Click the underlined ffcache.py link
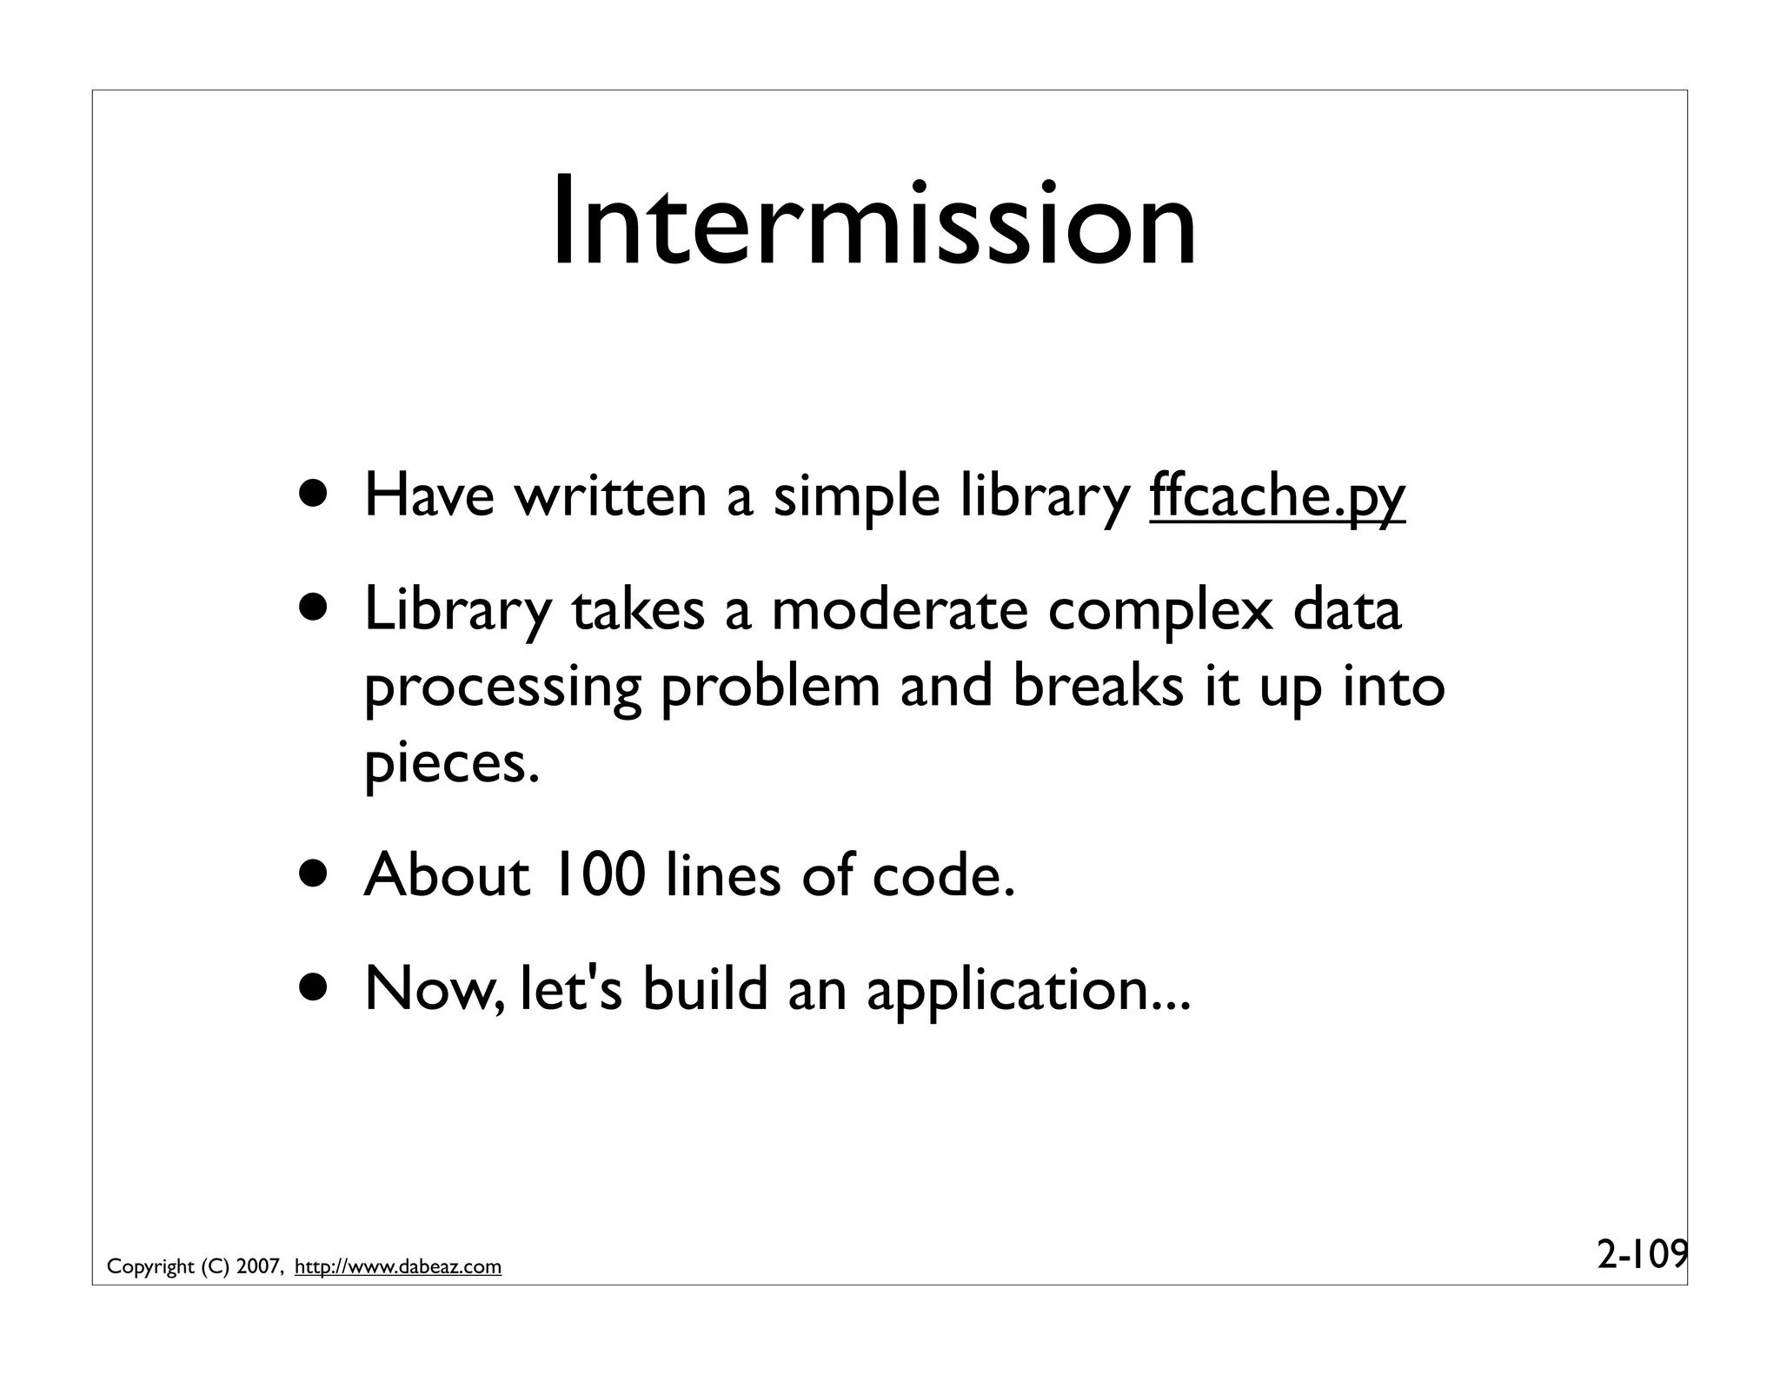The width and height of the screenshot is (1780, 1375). [x=1277, y=496]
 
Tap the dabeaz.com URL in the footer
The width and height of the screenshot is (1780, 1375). [x=398, y=1266]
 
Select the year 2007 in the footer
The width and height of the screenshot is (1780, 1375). [x=257, y=1266]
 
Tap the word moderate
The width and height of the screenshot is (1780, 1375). [x=899, y=610]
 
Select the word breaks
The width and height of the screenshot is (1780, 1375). [x=1098, y=686]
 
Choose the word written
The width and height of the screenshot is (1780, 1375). [x=611, y=496]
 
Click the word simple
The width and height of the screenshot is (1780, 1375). [x=856, y=498]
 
